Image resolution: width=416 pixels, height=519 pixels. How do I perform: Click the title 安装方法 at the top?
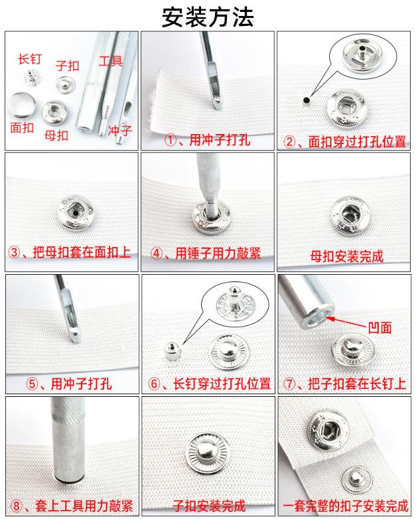click(208, 16)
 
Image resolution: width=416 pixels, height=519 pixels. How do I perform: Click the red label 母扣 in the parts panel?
click(56, 135)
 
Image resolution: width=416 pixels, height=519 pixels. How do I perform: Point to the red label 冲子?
click(119, 130)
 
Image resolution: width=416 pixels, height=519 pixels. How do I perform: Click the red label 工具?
click(111, 62)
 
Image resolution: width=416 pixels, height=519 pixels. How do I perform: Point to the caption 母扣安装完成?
click(346, 255)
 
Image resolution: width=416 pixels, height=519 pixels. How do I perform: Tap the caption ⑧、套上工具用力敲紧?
click(71, 504)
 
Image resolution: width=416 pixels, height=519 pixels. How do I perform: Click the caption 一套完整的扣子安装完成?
click(346, 504)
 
